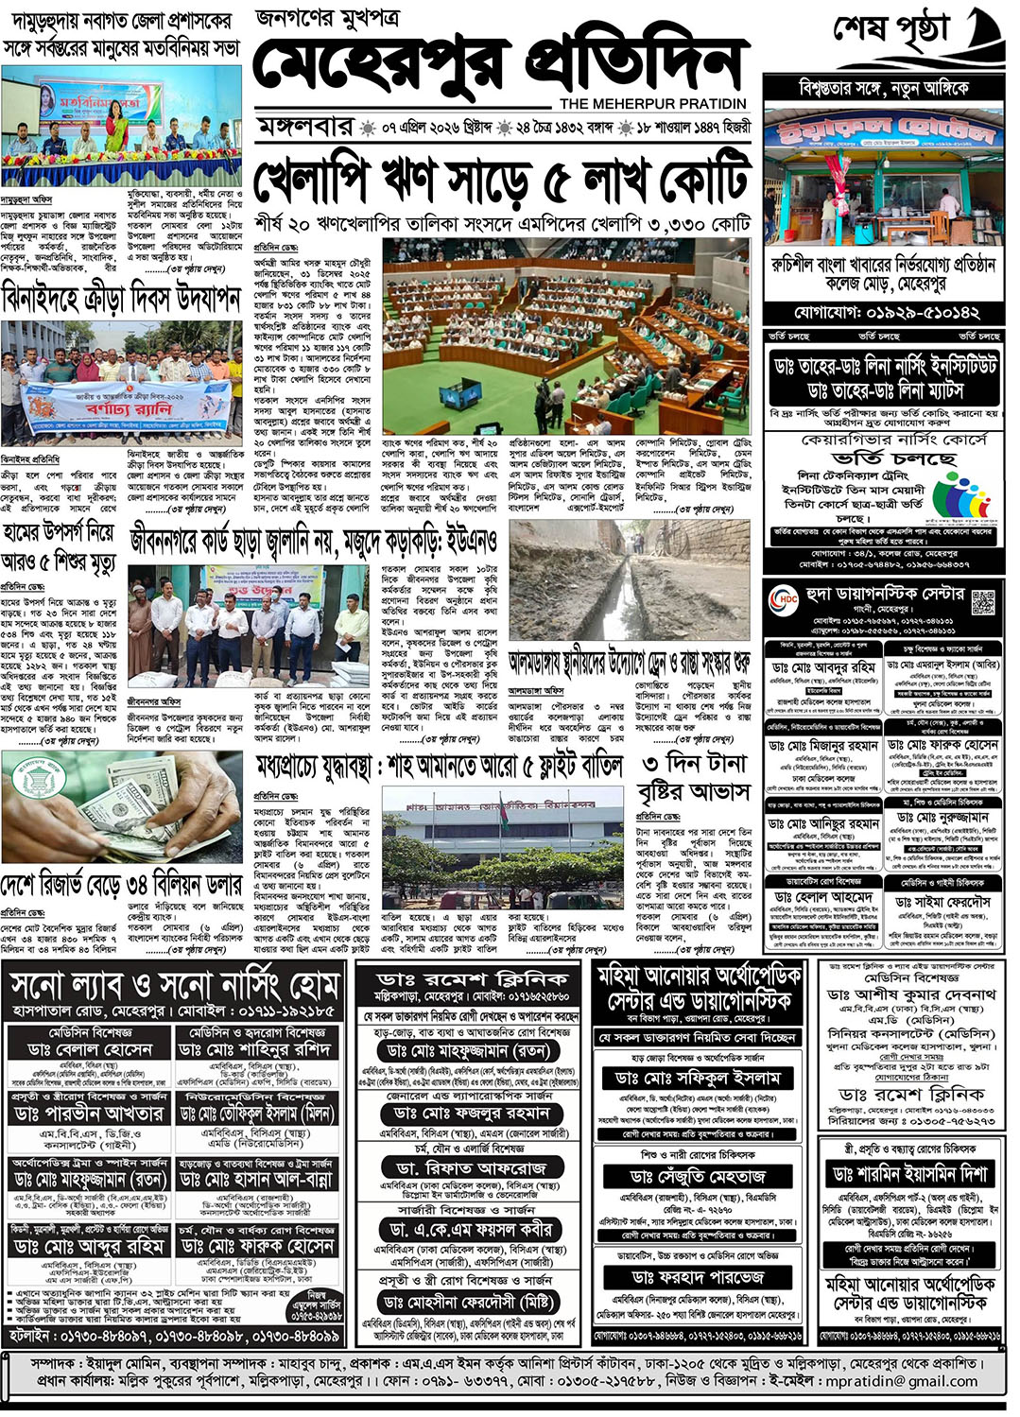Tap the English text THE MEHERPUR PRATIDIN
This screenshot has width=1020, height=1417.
(x=652, y=103)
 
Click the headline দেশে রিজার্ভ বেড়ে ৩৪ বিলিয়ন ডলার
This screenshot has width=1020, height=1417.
(x=121, y=887)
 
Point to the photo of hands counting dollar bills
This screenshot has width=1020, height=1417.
(x=121, y=803)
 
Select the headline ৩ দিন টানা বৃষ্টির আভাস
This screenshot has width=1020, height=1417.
(x=695, y=777)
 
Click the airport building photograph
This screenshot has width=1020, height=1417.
(x=503, y=850)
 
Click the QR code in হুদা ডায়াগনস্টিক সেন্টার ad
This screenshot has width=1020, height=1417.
(x=983, y=602)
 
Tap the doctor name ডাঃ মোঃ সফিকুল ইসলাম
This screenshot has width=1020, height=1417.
(x=698, y=1078)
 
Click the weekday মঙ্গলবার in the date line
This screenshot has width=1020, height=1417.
(x=305, y=127)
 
